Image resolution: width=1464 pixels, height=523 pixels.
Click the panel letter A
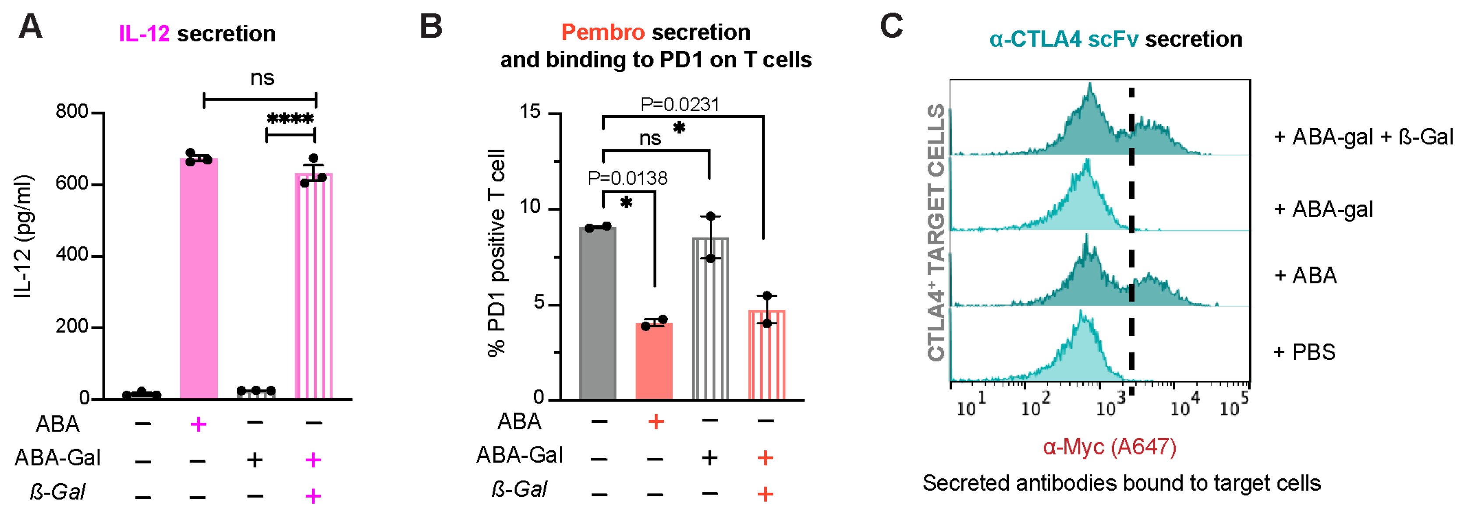31,27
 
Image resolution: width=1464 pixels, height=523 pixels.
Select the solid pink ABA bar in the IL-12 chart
199,278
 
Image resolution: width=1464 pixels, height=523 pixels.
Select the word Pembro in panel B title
603,32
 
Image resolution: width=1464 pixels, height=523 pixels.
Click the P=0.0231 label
680,105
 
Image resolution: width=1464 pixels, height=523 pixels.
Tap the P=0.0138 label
627,178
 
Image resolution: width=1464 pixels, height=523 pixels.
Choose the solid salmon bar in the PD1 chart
654,361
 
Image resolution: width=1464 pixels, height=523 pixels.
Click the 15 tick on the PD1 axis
530,112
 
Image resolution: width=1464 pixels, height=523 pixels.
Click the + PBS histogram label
1305,352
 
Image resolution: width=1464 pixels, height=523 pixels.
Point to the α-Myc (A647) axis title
1110,447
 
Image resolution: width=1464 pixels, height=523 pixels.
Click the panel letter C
891,27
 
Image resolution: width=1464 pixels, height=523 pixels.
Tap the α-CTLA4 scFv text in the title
1063,39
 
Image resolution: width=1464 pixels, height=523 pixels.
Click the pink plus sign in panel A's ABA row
199,424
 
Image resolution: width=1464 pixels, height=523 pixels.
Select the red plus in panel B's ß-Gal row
765,494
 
